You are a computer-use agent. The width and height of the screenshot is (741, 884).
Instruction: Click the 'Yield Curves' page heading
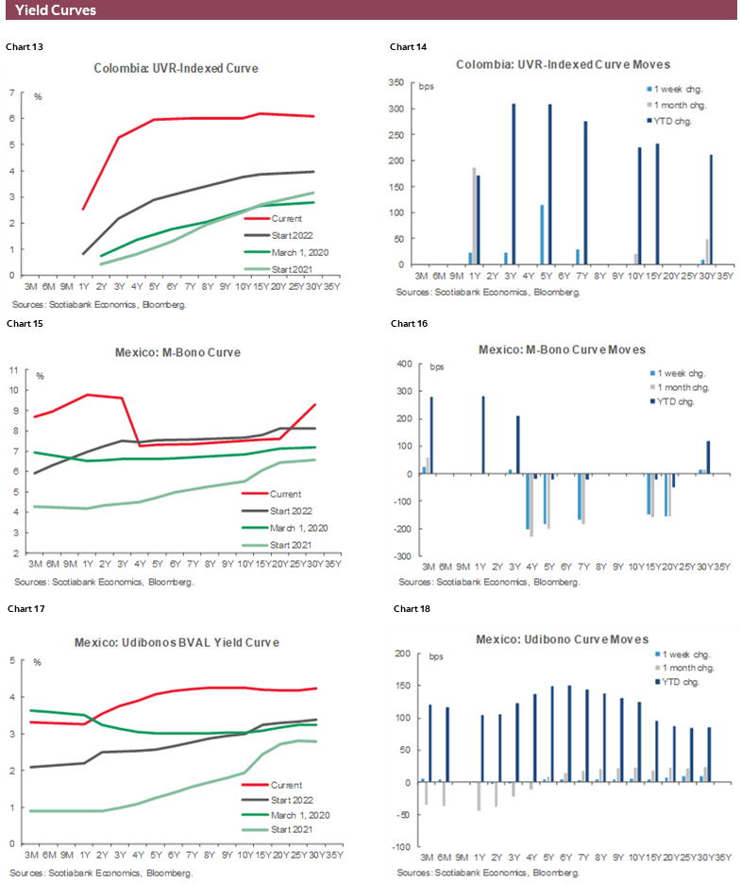click(x=56, y=10)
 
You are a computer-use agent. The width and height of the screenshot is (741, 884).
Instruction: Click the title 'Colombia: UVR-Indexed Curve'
click(x=176, y=68)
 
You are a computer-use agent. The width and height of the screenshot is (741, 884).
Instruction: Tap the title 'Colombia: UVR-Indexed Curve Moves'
click(x=563, y=64)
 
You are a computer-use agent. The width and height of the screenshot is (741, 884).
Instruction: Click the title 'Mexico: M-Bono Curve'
click(x=176, y=352)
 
